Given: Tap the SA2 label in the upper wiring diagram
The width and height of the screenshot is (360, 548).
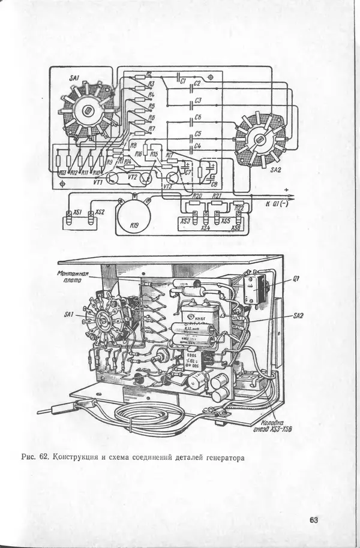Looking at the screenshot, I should (276, 170).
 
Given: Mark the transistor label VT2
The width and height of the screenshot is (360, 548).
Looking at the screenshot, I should (133, 177).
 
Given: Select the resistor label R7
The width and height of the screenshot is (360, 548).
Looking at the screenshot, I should (152, 128).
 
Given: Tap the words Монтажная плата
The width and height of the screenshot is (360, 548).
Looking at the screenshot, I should (73, 277).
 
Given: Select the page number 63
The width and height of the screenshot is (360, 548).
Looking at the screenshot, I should (314, 520).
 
